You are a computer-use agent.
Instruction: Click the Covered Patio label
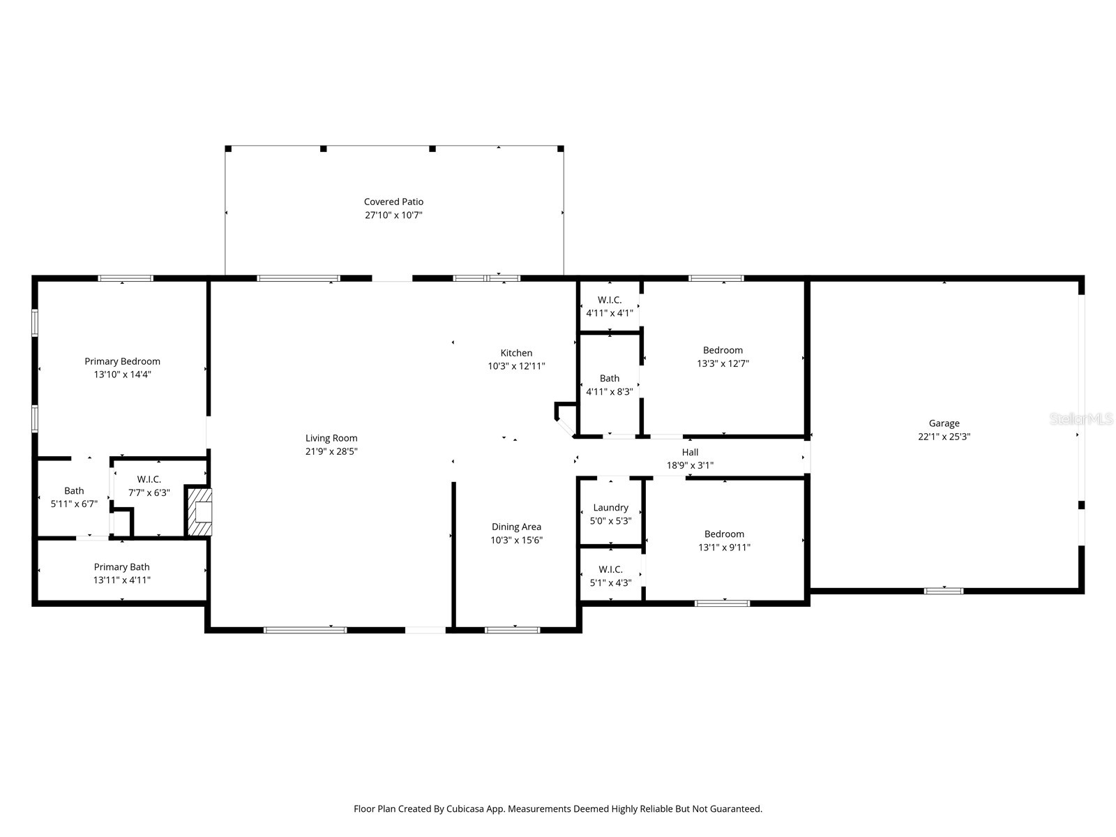click(393, 202)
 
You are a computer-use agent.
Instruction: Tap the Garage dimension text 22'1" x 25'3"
click(944, 437)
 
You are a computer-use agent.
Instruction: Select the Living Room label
click(331, 438)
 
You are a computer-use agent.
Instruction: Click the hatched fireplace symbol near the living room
click(199, 511)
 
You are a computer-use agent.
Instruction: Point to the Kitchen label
click(516, 353)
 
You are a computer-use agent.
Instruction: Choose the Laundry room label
click(610, 508)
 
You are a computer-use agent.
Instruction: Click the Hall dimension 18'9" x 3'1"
click(690, 465)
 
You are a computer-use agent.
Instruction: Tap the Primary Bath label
click(121, 567)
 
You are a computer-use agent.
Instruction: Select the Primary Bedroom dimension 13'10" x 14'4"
click(122, 375)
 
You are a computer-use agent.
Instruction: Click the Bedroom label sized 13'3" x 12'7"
click(723, 350)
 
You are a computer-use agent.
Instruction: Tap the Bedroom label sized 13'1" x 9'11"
click(724, 534)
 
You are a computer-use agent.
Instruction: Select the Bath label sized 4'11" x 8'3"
click(609, 378)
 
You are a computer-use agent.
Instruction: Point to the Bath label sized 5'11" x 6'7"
click(74, 490)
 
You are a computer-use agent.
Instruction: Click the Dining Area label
click(516, 527)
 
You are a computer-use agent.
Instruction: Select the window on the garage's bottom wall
click(944, 591)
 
